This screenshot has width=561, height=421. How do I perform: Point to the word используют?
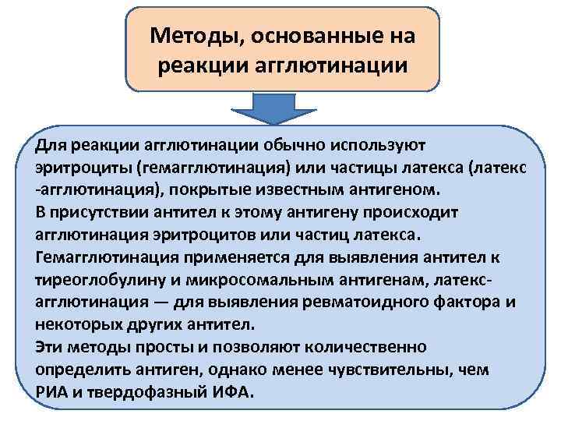354,145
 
